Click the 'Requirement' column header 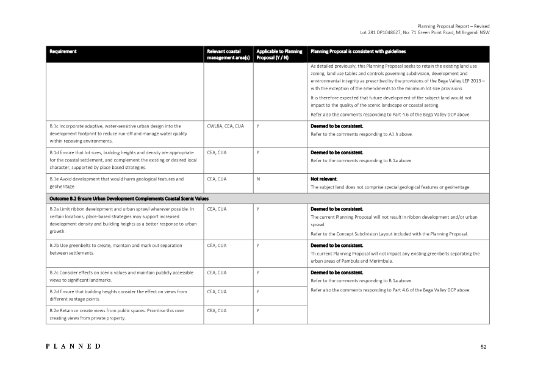click(x=63, y=51)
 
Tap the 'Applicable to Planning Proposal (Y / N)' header click(x=279, y=54)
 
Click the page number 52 click(x=483, y=347)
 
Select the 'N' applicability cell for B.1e click(x=258, y=179)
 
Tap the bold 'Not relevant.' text click(x=325, y=179)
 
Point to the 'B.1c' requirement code click(x=55, y=126)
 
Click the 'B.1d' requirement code click(x=55, y=152)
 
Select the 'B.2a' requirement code click(x=55, y=209)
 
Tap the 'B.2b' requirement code click(x=55, y=246)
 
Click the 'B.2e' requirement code click(x=55, y=310)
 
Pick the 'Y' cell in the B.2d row click(x=258, y=291)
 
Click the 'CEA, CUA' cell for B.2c click(x=217, y=273)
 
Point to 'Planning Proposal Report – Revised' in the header click(x=453, y=26)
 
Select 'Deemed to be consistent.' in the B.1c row click(x=337, y=126)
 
